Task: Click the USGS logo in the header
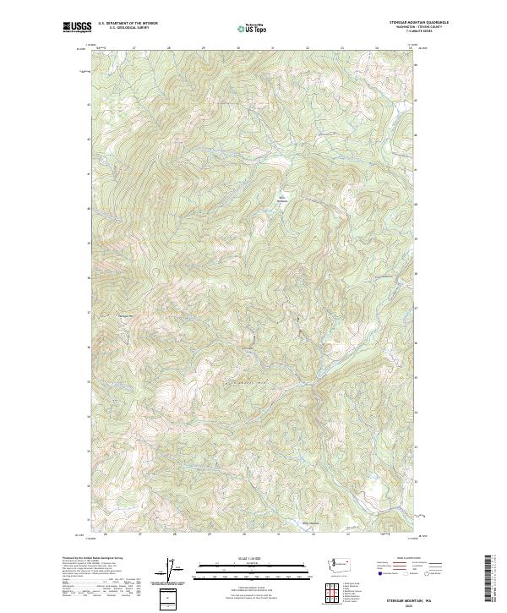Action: tap(77, 27)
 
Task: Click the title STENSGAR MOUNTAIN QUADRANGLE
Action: tap(417, 22)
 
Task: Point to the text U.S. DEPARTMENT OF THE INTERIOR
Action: tap(128, 23)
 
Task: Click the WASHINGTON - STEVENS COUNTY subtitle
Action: tap(417, 27)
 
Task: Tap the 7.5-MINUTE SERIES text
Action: tap(417, 31)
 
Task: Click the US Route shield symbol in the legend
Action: tap(400, 572)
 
